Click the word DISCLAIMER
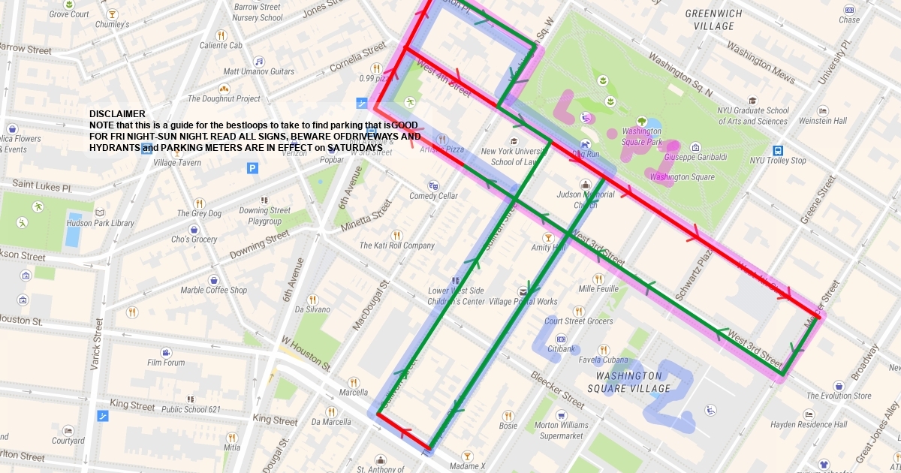[x=116, y=114]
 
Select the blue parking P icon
[x=252, y=168]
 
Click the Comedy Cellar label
[x=433, y=196]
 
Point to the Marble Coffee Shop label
[x=213, y=291]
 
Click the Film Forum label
[x=166, y=363]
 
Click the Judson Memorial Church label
[x=586, y=199]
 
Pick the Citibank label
[x=561, y=348]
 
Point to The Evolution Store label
[x=839, y=396]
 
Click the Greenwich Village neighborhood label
[x=714, y=20]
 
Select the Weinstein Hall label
[x=822, y=121]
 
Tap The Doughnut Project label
[x=224, y=98]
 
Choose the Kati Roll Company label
[x=396, y=246]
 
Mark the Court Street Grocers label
[x=579, y=321]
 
